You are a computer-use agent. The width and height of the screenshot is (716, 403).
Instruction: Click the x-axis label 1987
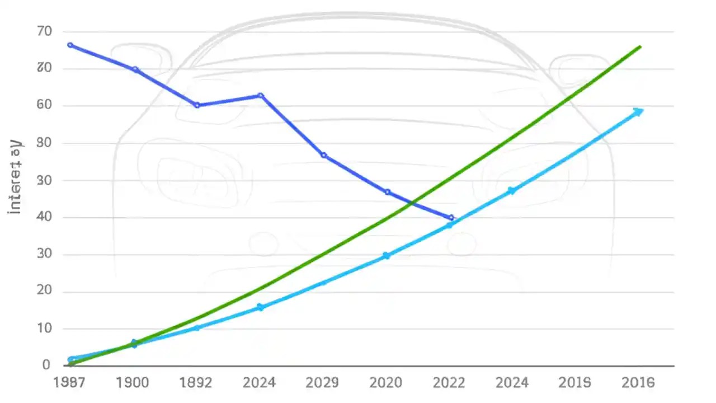69,382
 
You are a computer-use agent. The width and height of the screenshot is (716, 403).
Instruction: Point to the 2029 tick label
322,382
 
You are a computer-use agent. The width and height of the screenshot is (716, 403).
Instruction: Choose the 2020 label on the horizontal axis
385,382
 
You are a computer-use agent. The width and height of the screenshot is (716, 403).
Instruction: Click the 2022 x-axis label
449,382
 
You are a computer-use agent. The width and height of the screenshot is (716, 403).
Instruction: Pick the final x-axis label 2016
638,382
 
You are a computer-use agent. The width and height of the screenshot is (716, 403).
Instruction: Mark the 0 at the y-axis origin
46,365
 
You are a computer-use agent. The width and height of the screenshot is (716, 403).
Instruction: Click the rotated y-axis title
16,176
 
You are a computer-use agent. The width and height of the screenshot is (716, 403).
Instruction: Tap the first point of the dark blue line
70,45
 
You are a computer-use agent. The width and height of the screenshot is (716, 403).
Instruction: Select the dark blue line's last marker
451,218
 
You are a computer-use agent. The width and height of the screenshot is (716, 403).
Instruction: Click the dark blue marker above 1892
197,105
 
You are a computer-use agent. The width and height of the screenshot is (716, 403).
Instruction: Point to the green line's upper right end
640,46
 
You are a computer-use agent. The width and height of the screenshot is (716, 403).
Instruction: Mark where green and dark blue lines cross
412,203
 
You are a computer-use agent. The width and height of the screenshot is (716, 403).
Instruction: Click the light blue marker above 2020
386,256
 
